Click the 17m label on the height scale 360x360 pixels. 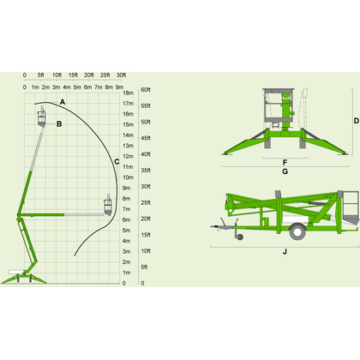(x=129, y=104)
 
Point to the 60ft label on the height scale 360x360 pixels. (x=146, y=90)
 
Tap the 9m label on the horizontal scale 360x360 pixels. (x=119, y=87)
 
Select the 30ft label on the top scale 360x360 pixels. (x=121, y=75)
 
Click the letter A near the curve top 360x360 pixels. (x=63, y=102)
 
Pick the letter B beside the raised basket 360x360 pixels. (x=59, y=124)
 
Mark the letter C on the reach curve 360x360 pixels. (x=117, y=162)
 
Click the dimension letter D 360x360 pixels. (x=356, y=121)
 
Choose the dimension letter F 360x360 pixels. (x=285, y=163)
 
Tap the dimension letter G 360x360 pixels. (x=285, y=171)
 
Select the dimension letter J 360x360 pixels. (x=285, y=252)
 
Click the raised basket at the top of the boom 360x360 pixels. (x=42, y=117)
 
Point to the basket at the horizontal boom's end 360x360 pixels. (x=108, y=205)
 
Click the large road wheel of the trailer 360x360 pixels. (x=297, y=232)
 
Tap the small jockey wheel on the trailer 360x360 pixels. (x=240, y=237)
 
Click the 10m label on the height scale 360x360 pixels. (x=129, y=177)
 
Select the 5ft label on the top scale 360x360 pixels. (x=41, y=75)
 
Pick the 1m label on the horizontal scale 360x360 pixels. (x=35, y=87)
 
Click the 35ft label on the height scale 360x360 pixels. (x=146, y=171)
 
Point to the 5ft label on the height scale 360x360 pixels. (x=144, y=267)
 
